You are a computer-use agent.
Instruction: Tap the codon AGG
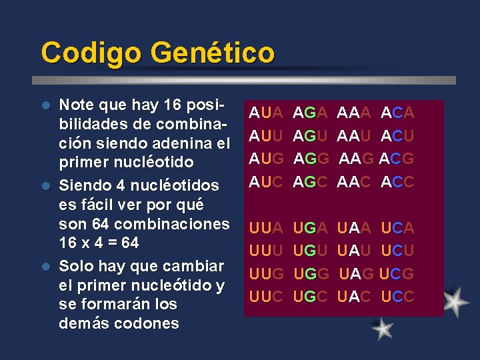point(311,159)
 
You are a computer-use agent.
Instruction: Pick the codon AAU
point(355,137)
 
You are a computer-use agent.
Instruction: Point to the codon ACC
point(398,181)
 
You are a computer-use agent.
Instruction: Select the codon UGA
point(311,228)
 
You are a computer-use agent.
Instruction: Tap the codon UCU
point(398,251)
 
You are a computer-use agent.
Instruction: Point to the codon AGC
point(311,181)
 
